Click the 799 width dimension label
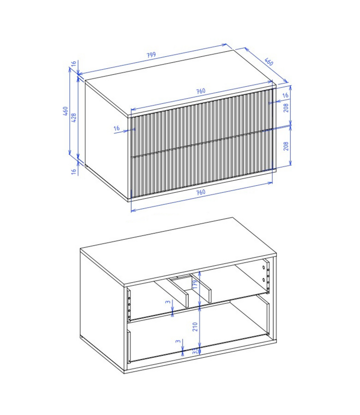tap(151, 55)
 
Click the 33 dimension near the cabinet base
tap(195, 351)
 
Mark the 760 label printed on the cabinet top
tap(201, 91)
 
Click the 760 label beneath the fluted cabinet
tap(201, 192)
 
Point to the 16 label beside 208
tap(285, 95)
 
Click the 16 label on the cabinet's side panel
tap(116, 129)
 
